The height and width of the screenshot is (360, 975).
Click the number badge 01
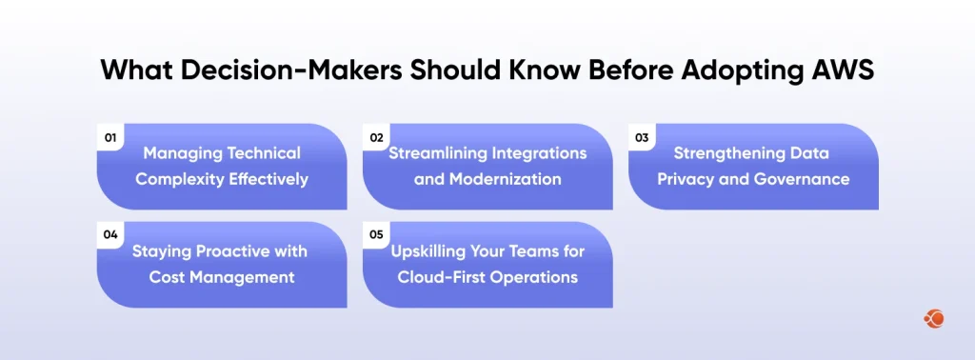click(110, 138)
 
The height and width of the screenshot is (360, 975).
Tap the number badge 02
click(376, 138)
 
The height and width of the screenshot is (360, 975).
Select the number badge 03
click(642, 138)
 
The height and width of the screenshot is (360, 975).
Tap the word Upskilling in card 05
click(434, 251)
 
